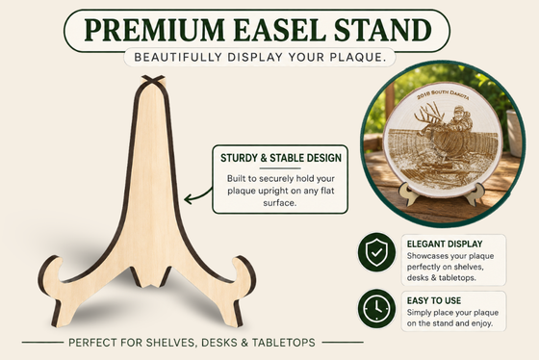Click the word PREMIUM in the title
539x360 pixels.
click(155, 30)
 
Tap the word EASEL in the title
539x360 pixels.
click(279, 30)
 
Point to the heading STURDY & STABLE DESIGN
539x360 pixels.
click(281, 158)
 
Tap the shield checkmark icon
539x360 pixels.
click(376, 252)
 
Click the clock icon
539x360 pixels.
click(376, 308)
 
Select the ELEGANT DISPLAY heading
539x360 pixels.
click(445, 244)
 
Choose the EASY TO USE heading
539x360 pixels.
click(434, 300)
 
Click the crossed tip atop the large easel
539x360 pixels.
click(153, 79)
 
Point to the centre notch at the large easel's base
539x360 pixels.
click(150, 277)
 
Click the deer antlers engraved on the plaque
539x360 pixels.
click(428, 116)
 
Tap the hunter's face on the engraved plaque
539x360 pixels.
click(459, 113)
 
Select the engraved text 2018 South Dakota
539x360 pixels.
click(443, 94)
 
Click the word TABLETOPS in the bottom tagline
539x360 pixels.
click(284, 343)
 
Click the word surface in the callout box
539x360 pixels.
click(280, 203)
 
